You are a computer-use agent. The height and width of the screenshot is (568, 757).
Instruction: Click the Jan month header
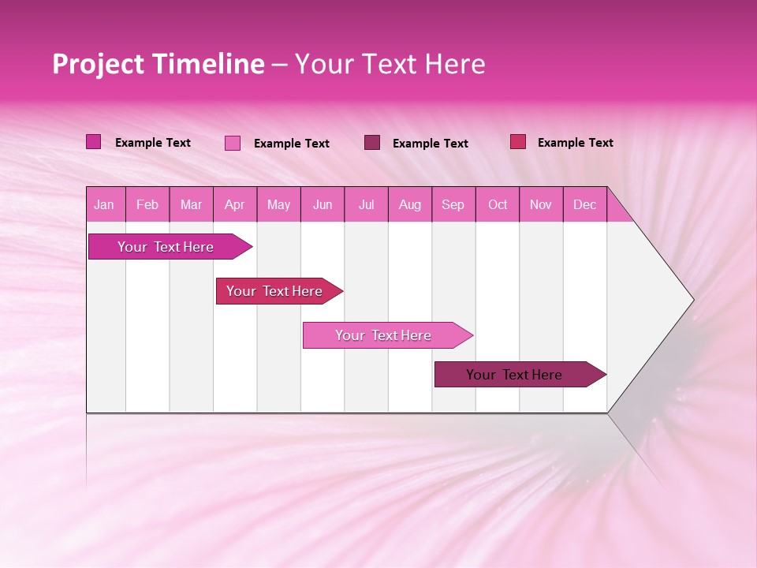[104, 205]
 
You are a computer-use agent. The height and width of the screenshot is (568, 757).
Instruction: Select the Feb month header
[147, 205]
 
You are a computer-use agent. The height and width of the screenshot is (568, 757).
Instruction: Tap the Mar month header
[191, 205]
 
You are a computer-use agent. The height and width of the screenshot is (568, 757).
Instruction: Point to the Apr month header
[235, 205]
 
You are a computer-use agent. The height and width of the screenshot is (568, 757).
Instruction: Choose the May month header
[278, 205]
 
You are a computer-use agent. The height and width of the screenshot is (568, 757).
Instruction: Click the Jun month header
[323, 205]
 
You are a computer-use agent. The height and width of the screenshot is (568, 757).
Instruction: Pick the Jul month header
[366, 205]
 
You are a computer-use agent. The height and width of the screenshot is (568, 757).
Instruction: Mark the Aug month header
[410, 205]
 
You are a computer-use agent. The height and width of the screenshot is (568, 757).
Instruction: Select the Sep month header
[453, 205]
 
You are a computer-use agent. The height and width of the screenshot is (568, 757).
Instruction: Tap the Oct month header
[498, 205]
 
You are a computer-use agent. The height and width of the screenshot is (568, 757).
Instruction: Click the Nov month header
[541, 205]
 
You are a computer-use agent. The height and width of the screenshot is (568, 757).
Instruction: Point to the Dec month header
[585, 205]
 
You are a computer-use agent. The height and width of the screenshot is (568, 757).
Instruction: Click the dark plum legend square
[372, 143]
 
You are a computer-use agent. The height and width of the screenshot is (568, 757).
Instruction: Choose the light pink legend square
[233, 143]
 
